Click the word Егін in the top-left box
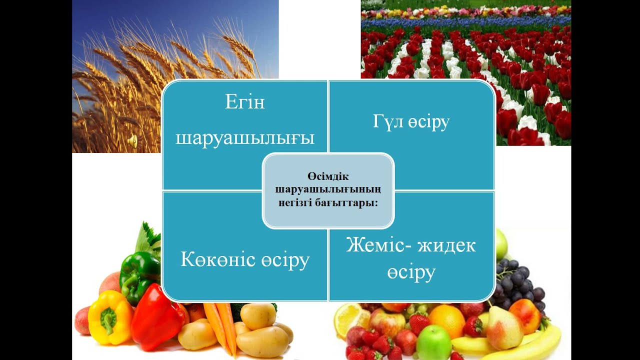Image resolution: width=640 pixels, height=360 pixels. [245, 102]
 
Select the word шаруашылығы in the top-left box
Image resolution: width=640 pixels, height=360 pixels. [245, 138]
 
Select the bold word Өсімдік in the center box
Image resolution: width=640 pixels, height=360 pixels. [328, 177]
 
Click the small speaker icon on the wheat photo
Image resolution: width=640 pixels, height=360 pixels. [132, 141]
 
